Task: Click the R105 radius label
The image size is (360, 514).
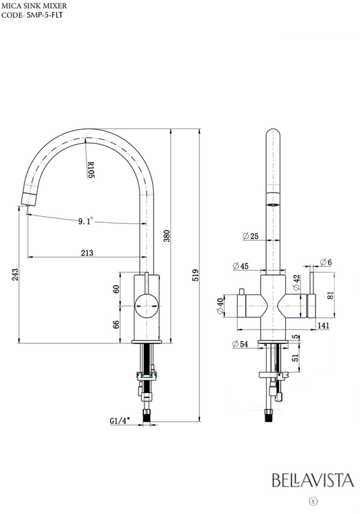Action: (91, 170)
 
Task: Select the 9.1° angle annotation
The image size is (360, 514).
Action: (85, 222)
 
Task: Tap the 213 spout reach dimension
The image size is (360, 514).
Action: (87, 253)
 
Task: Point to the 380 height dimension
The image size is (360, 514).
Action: (167, 236)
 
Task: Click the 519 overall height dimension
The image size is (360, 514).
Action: (195, 275)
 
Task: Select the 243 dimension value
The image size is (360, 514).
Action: (15, 275)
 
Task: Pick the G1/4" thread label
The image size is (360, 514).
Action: (120, 421)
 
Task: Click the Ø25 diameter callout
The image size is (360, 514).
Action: (251, 236)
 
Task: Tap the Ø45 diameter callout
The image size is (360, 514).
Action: (240, 266)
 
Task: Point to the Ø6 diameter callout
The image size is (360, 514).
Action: (326, 262)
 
